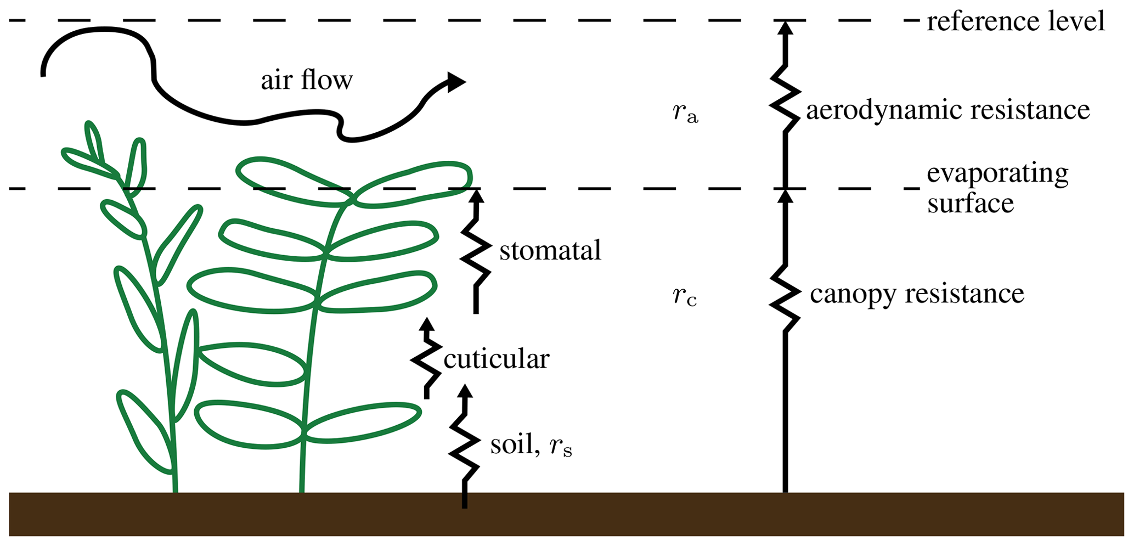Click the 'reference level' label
(1015, 22)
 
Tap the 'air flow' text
(306, 81)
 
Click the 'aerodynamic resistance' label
(947, 110)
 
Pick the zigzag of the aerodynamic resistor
(785, 99)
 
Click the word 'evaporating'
(997, 174)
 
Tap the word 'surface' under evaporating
(970, 204)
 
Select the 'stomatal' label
(550, 251)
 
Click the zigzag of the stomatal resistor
(476, 252)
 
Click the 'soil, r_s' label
(531, 444)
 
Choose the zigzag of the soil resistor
(464, 444)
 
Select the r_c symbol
(685, 296)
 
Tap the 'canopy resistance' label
(917, 294)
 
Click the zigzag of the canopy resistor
(785, 299)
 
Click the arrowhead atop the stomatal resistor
(476, 196)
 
